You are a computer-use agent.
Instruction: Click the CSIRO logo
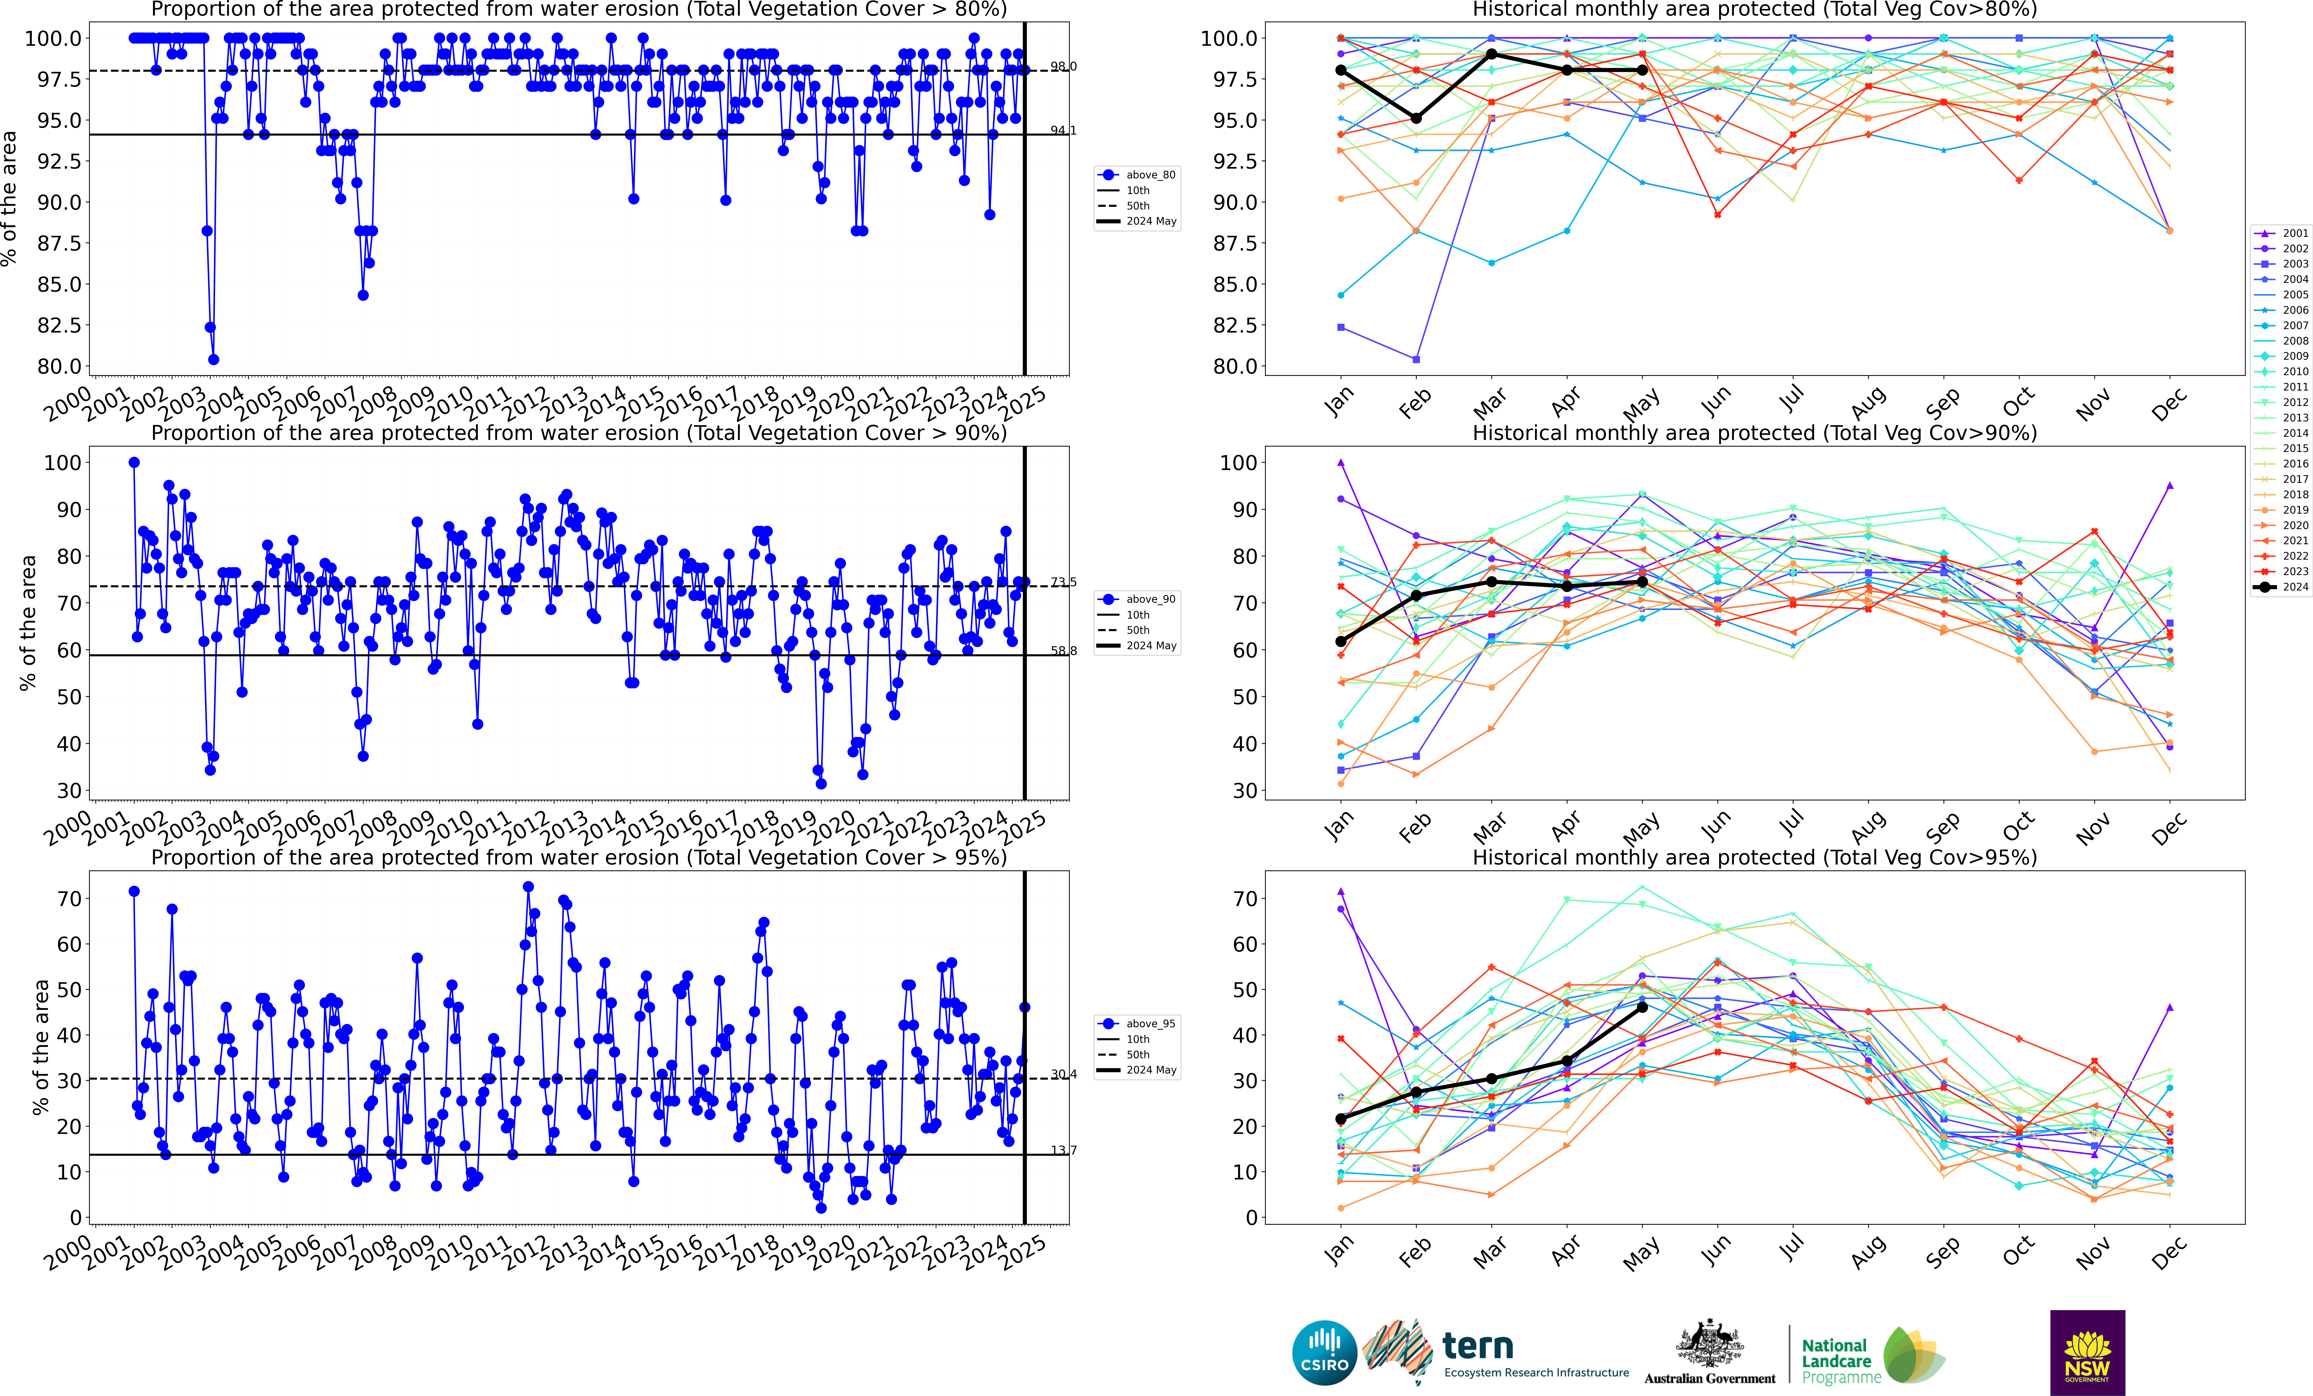pyautogui.click(x=1323, y=1353)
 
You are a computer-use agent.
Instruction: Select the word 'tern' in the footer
pyautogui.click(x=1478, y=1346)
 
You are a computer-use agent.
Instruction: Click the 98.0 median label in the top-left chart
pyautogui.click(x=1063, y=67)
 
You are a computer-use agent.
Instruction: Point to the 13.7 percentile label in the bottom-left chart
pyautogui.click(x=1063, y=1150)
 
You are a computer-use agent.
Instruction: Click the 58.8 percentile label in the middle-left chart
pyautogui.click(x=1063, y=651)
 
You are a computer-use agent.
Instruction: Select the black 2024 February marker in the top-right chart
pyautogui.click(x=1415, y=118)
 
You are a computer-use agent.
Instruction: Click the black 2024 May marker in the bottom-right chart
pyautogui.click(x=1642, y=1007)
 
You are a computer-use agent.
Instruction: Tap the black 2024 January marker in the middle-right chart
pyautogui.click(x=1340, y=641)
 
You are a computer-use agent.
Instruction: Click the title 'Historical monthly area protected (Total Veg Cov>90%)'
pyautogui.click(x=1754, y=433)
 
